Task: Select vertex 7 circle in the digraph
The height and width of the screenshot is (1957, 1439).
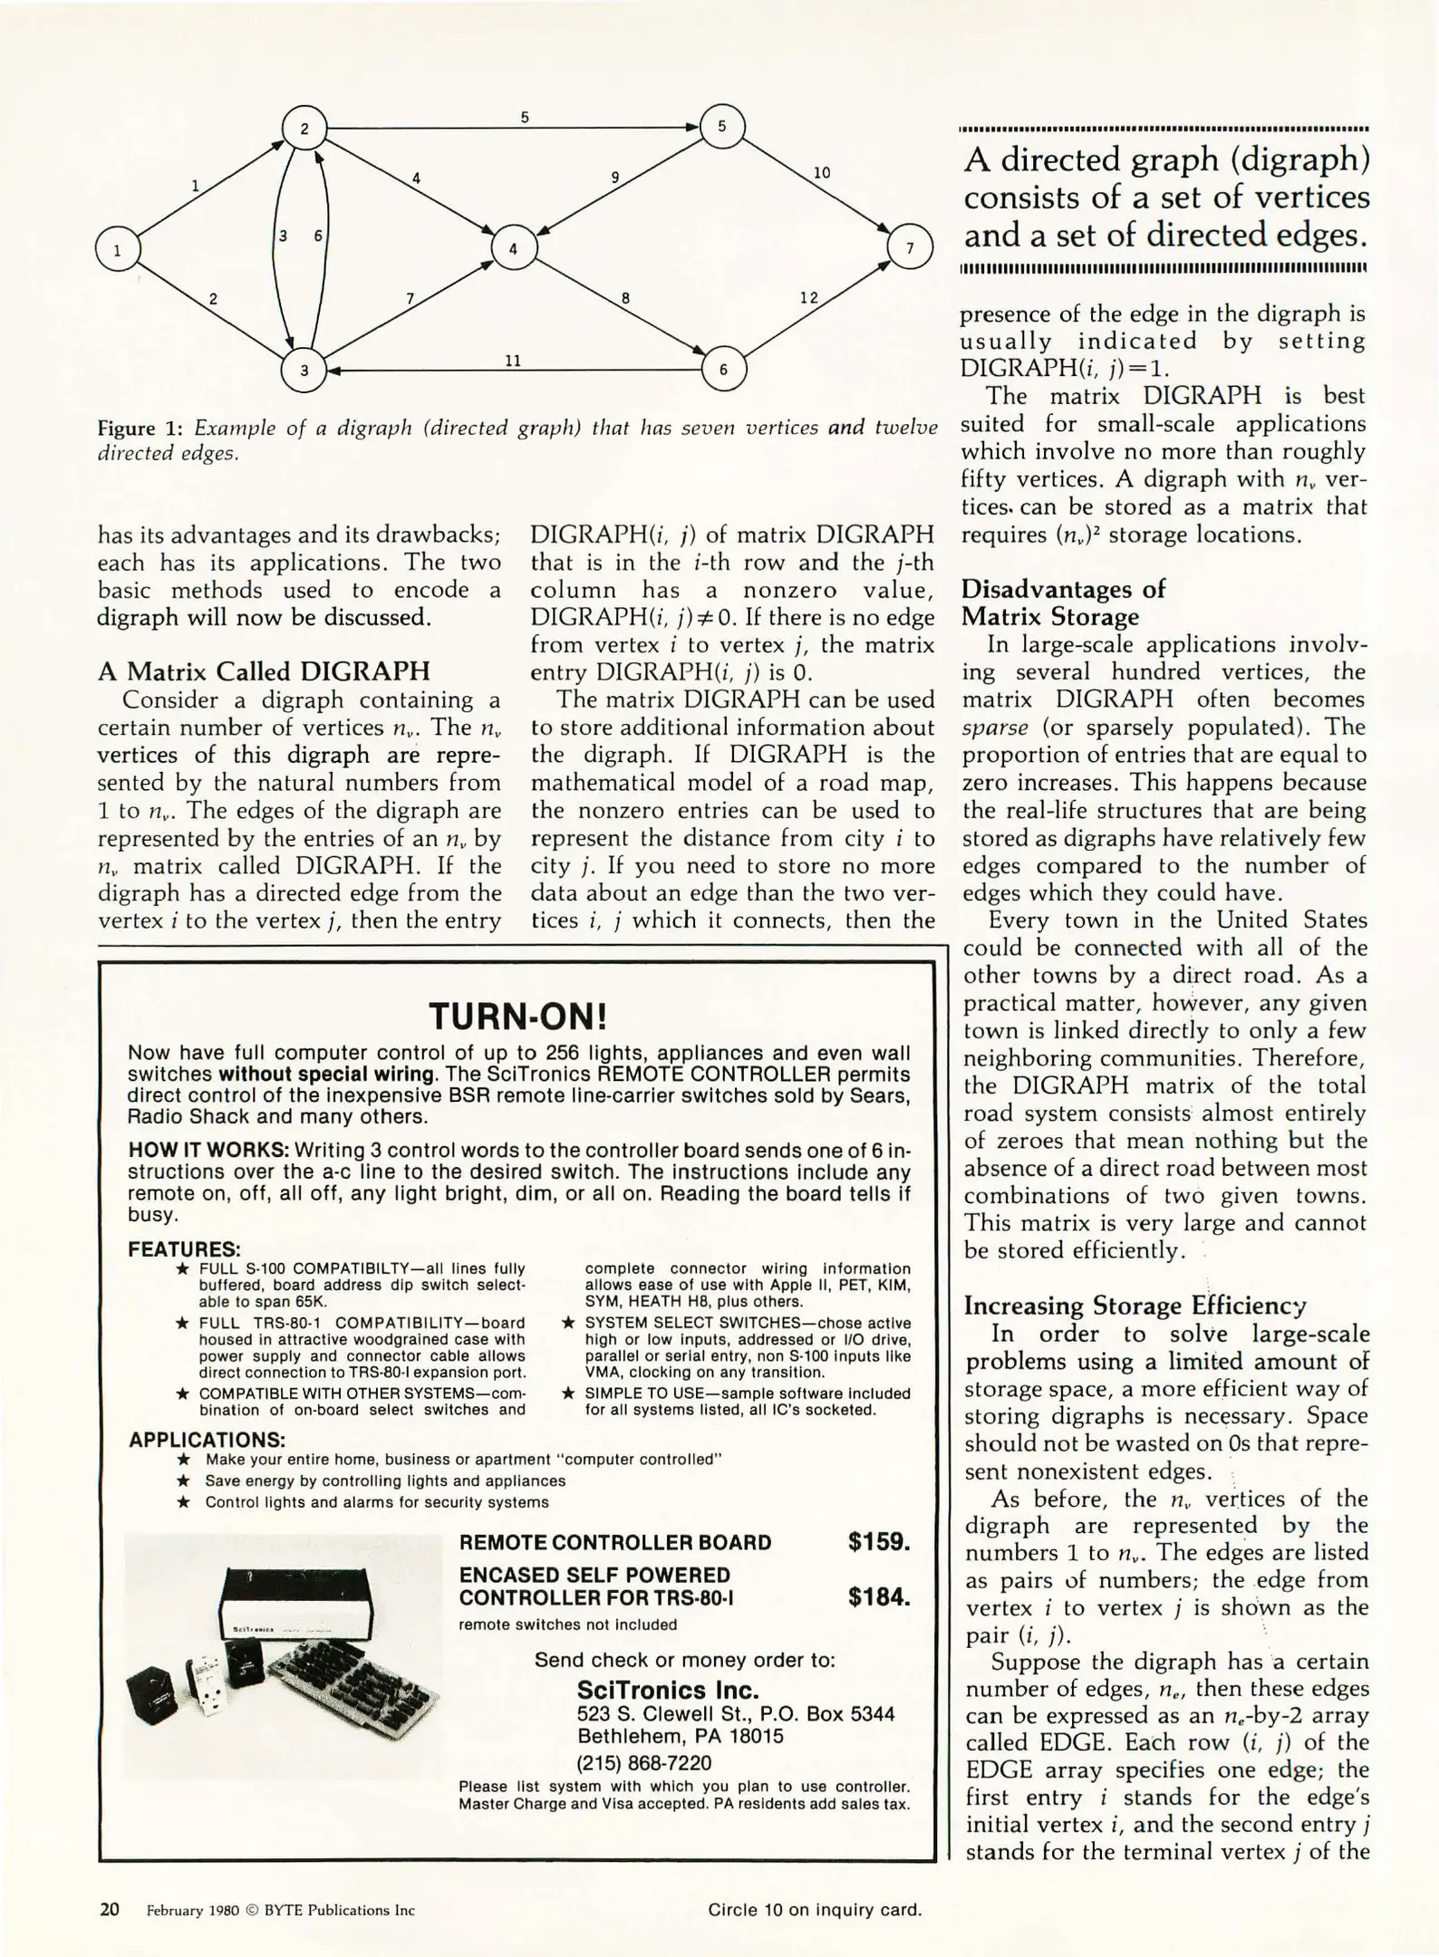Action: click(910, 247)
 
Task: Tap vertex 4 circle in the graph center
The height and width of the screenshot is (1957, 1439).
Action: click(514, 247)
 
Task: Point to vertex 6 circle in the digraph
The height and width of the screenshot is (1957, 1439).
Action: click(723, 369)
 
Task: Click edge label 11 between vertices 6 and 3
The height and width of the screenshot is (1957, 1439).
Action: click(513, 361)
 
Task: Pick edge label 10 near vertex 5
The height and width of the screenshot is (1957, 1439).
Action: click(821, 172)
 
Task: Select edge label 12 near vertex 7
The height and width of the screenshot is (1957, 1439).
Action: click(808, 298)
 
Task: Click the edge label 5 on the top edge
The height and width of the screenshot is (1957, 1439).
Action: click(525, 118)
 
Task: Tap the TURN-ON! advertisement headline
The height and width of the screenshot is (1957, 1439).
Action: click(517, 1017)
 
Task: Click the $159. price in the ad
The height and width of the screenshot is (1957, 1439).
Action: click(878, 1542)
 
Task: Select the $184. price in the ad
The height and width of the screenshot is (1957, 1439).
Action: click(878, 1596)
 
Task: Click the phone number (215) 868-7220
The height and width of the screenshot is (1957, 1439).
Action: click(644, 1763)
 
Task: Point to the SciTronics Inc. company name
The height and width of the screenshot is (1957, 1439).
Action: click(668, 1690)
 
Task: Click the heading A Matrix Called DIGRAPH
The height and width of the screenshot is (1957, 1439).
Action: click(264, 671)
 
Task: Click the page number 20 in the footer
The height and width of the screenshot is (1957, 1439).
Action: click(109, 1909)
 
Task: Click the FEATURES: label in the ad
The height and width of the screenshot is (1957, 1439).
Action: click(184, 1249)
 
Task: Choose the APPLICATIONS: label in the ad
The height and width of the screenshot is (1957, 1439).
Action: click(207, 1440)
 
